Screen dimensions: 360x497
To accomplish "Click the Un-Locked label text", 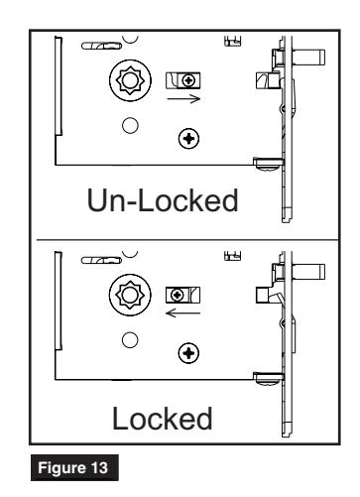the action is pyautogui.click(x=166, y=201).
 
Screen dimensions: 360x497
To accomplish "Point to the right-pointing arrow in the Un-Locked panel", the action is pyautogui.click(x=183, y=99).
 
